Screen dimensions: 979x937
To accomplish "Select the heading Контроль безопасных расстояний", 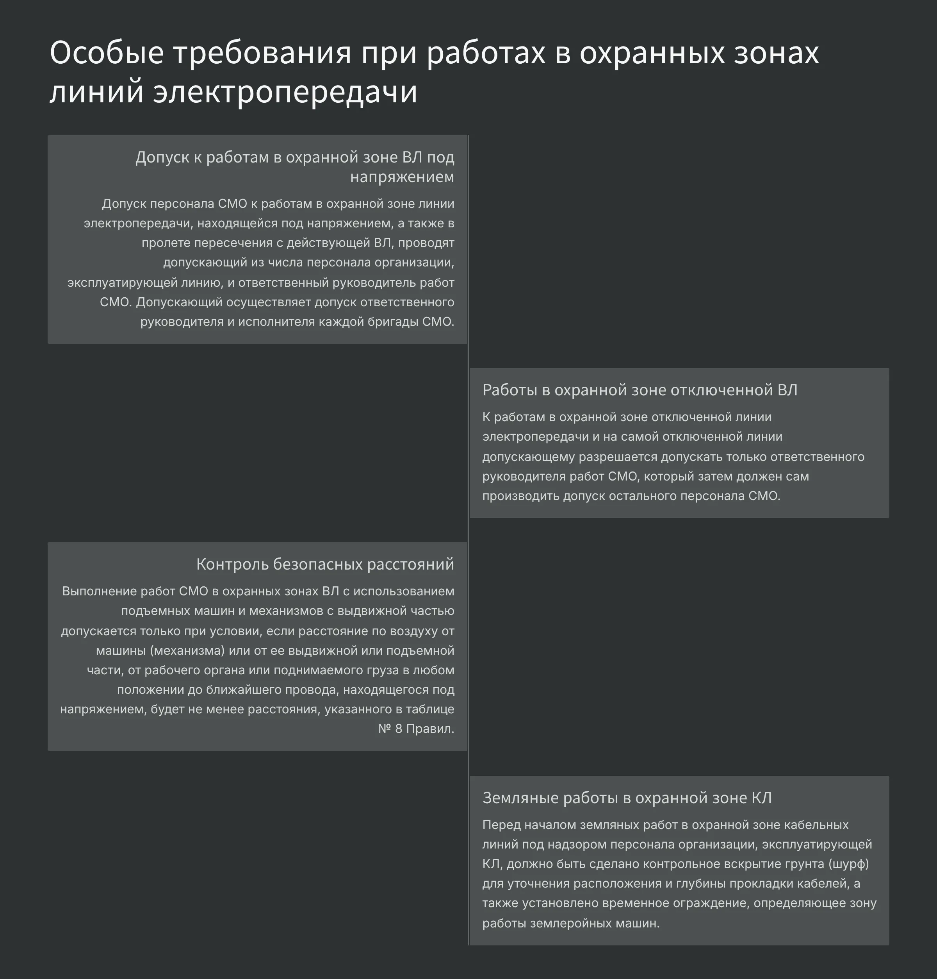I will click(x=325, y=564).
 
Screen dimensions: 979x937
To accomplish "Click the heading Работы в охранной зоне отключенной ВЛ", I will click(x=640, y=389).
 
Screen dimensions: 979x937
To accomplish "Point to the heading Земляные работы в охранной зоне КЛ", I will click(x=627, y=798).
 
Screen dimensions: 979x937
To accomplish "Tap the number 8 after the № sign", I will click(x=398, y=729).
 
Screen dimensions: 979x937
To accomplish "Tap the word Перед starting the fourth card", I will click(x=501, y=825).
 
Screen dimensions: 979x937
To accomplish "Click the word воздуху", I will click(x=412, y=631).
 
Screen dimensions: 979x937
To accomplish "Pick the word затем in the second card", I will click(x=714, y=476).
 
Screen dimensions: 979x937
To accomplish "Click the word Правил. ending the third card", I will click(x=430, y=729).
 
